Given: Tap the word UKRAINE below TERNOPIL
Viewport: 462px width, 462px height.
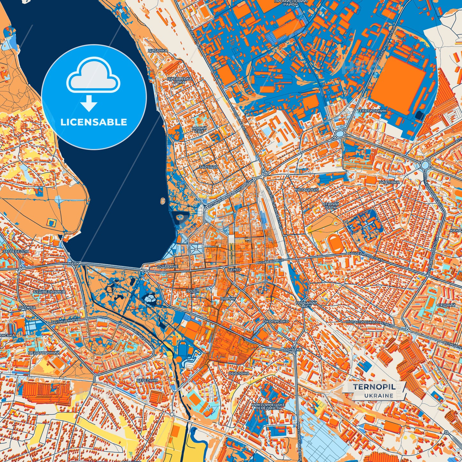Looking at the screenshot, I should coord(379,395).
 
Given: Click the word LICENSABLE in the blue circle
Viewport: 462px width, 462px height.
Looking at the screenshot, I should coord(94,122).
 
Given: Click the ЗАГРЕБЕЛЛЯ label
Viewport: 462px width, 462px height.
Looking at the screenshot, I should coord(15,251).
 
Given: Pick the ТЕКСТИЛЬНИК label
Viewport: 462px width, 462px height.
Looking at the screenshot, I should coord(372,111).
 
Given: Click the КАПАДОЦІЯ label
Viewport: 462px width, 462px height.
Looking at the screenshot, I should coord(307,190).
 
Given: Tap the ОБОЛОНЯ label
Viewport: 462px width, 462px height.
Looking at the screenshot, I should coord(239,373).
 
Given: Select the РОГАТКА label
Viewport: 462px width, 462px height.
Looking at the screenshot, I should coord(293,349).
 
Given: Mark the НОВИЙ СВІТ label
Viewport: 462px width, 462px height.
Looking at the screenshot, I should coord(199,130).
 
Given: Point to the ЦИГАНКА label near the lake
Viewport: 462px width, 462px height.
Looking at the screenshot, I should coord(158,51).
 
